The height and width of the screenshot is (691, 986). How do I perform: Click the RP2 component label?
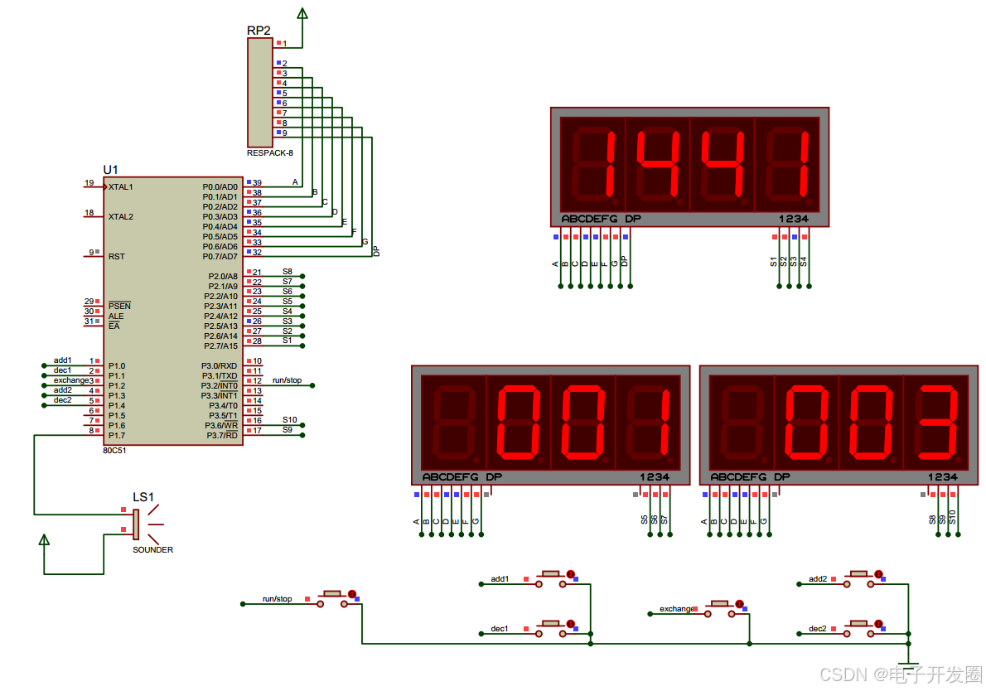(x=259, y=31)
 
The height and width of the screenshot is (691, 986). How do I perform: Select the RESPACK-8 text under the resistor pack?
(x=269, y=153)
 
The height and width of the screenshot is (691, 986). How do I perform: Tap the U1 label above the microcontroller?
(x=110, y=170)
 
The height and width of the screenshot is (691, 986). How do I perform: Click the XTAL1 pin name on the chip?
(x=121, y=187)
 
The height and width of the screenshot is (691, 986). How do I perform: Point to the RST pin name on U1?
(x=116, y=257)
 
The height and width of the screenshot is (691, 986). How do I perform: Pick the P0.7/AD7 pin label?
(x=220, y=257)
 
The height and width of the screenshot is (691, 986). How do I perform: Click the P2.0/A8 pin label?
(x=223, y=277)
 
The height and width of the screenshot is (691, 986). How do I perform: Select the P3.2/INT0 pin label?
(x=220, y=386)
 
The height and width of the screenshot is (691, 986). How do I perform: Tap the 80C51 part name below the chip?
(x=114, y=452)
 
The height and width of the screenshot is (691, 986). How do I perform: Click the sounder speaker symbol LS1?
(x=137, y=524)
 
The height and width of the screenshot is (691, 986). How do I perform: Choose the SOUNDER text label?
(x=153, y=550)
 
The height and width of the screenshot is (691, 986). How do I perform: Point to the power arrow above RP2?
(x=302, y=13)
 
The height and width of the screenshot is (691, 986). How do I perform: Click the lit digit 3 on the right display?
(x=935, y=423)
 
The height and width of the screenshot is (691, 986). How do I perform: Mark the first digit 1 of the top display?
(x=592, y=164)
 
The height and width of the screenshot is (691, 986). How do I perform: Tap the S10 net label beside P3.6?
(x=289, y=420)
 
